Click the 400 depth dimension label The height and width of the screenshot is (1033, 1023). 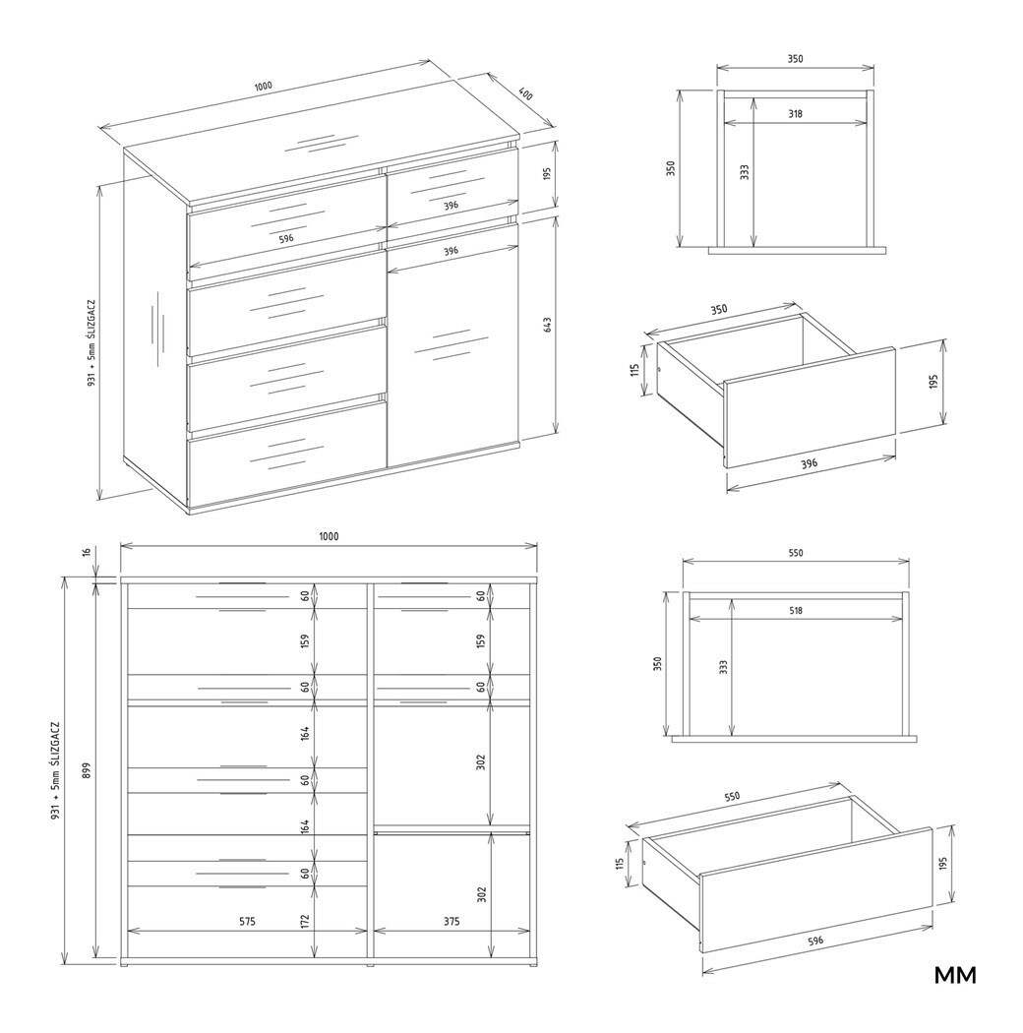525,94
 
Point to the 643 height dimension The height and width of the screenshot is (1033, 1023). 547,325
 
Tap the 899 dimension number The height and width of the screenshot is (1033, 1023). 87,769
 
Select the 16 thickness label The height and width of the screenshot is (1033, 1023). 87,552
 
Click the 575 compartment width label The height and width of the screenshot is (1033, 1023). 247,921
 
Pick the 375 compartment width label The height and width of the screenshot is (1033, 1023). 451,921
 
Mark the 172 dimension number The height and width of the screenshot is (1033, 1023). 305,921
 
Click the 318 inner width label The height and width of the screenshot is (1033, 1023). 795,113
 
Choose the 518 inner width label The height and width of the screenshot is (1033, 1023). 795,610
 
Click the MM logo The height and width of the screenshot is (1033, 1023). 955,975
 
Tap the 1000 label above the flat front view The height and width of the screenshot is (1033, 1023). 329,536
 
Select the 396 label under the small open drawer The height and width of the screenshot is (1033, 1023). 810,463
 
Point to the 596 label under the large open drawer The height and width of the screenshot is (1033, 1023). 815,941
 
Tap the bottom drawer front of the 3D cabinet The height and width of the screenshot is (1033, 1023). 286,452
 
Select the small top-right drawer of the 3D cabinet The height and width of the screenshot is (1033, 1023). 452,187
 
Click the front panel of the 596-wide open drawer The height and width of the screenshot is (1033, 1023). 815,889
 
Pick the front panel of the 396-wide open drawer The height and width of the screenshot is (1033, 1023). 810,406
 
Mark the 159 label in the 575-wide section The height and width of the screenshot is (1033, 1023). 305,641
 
